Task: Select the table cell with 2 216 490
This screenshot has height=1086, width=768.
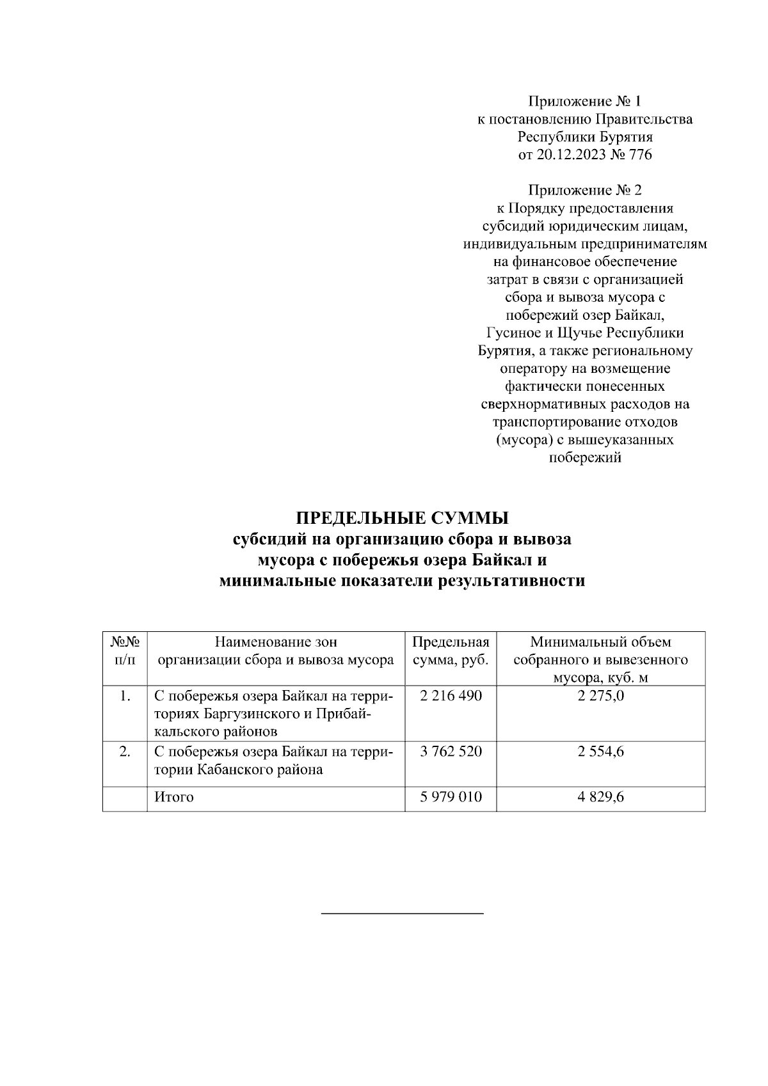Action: coord(451,696)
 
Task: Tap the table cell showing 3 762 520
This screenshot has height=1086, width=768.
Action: coord(451,752)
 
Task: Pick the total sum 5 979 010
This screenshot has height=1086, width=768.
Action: coord(451,797)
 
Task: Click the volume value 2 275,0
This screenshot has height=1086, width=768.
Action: coord(600,696)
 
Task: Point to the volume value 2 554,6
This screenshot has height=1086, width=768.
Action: coord(600,752)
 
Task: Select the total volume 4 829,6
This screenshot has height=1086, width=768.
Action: coord(600,797)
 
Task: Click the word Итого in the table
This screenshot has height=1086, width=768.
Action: coord(173,797)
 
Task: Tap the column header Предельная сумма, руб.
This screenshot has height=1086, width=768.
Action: coord(451,651)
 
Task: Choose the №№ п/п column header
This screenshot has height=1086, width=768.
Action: coord(125,651)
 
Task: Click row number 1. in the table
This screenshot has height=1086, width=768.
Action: coord(125,696)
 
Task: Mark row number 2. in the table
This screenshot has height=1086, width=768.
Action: coord(125,752)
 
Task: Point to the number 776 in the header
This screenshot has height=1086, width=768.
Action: coord(640,154)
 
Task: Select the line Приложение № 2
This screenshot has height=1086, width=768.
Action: coord(584,190)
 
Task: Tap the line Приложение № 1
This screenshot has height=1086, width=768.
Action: coord(584,101)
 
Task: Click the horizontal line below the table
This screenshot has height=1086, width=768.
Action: coord(402,913)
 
